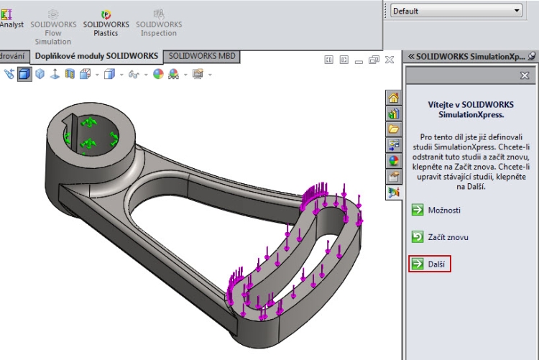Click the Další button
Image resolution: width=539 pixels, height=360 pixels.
tap(429, 264)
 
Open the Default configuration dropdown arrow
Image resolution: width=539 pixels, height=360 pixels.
tap(517, 11)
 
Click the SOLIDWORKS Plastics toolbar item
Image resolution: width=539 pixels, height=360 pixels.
tap(106, 24)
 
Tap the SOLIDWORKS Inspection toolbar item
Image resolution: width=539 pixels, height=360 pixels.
tap(159, 24)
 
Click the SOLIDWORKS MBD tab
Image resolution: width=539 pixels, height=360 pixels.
tap(201, 55)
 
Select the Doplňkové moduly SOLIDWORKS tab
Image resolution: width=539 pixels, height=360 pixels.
tap(97, 55)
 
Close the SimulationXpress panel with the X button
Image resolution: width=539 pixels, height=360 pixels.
tap(525, 75)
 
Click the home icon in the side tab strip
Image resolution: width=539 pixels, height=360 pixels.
tap(393, 98)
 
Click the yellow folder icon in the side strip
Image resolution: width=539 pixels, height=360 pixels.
tap(393, 129)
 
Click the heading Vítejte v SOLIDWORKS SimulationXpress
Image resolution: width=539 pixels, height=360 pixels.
tap(471, 109)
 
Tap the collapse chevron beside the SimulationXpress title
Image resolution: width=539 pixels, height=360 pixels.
tap(411, 56)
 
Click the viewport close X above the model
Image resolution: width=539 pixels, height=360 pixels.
tap(389, 60)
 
